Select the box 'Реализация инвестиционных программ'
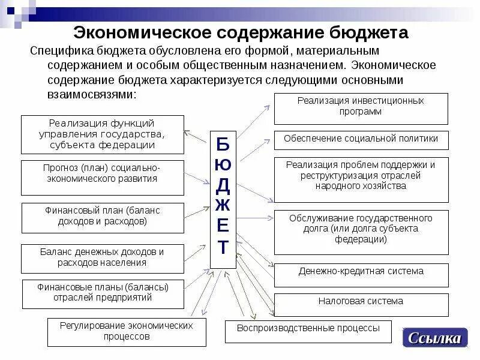click(x=361, y=109)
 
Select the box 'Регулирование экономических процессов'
click(x=127, y=332)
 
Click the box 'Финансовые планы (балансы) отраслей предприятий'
click(x=103, y=294)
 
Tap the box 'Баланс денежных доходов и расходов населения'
click(x=103, y=258)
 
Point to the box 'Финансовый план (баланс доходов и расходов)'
click(x=103, y=217)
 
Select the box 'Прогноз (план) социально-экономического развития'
click(x=103, y=177)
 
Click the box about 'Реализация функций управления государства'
click(x=103, y=134)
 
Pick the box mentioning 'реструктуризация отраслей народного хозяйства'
click(x=361, y=179)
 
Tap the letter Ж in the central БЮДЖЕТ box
click(x=223, y=203)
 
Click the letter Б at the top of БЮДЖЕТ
click(x=223, y=144)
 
